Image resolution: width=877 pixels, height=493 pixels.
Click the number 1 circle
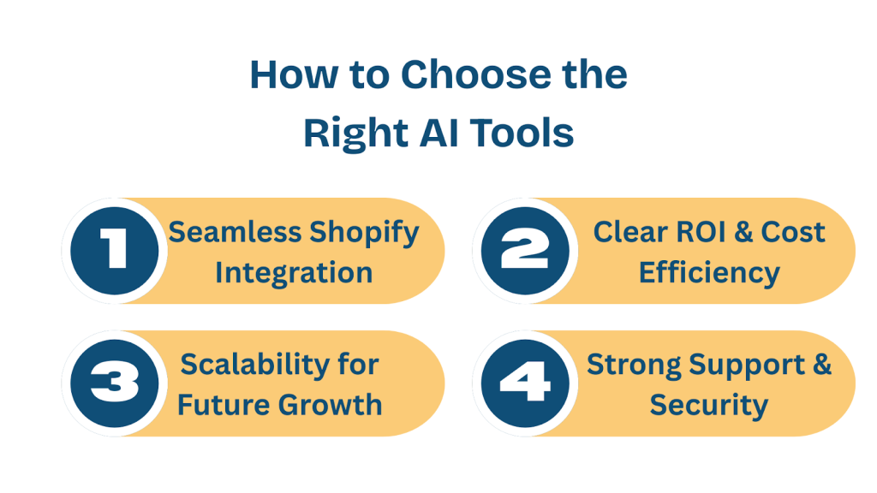pyautogui.click(x=114, y=251)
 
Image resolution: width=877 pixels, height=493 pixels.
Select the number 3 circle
pyautogui.click(x=114, y=383)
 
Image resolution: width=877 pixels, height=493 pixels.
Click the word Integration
pyautogui.click(x=294, y=273)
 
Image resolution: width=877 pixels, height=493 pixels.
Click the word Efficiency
pyautogui.click(x=709, y=273)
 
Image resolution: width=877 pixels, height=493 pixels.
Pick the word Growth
pyautogui.click(x=337, y=404)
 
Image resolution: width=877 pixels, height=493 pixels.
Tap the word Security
pyautogui.click(x=708, y=404)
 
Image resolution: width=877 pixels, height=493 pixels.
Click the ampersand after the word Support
pyautogui.click(x=821, y=365)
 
